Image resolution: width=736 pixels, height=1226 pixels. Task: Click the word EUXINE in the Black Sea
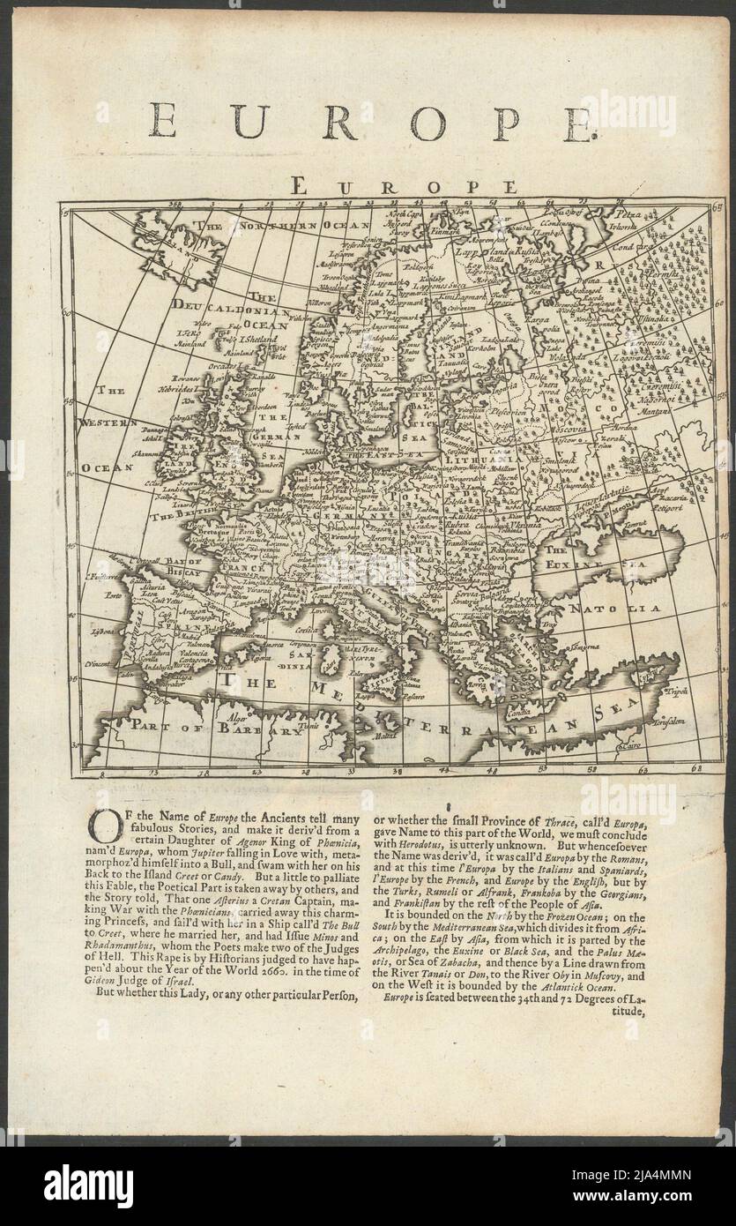click(575, 562)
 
